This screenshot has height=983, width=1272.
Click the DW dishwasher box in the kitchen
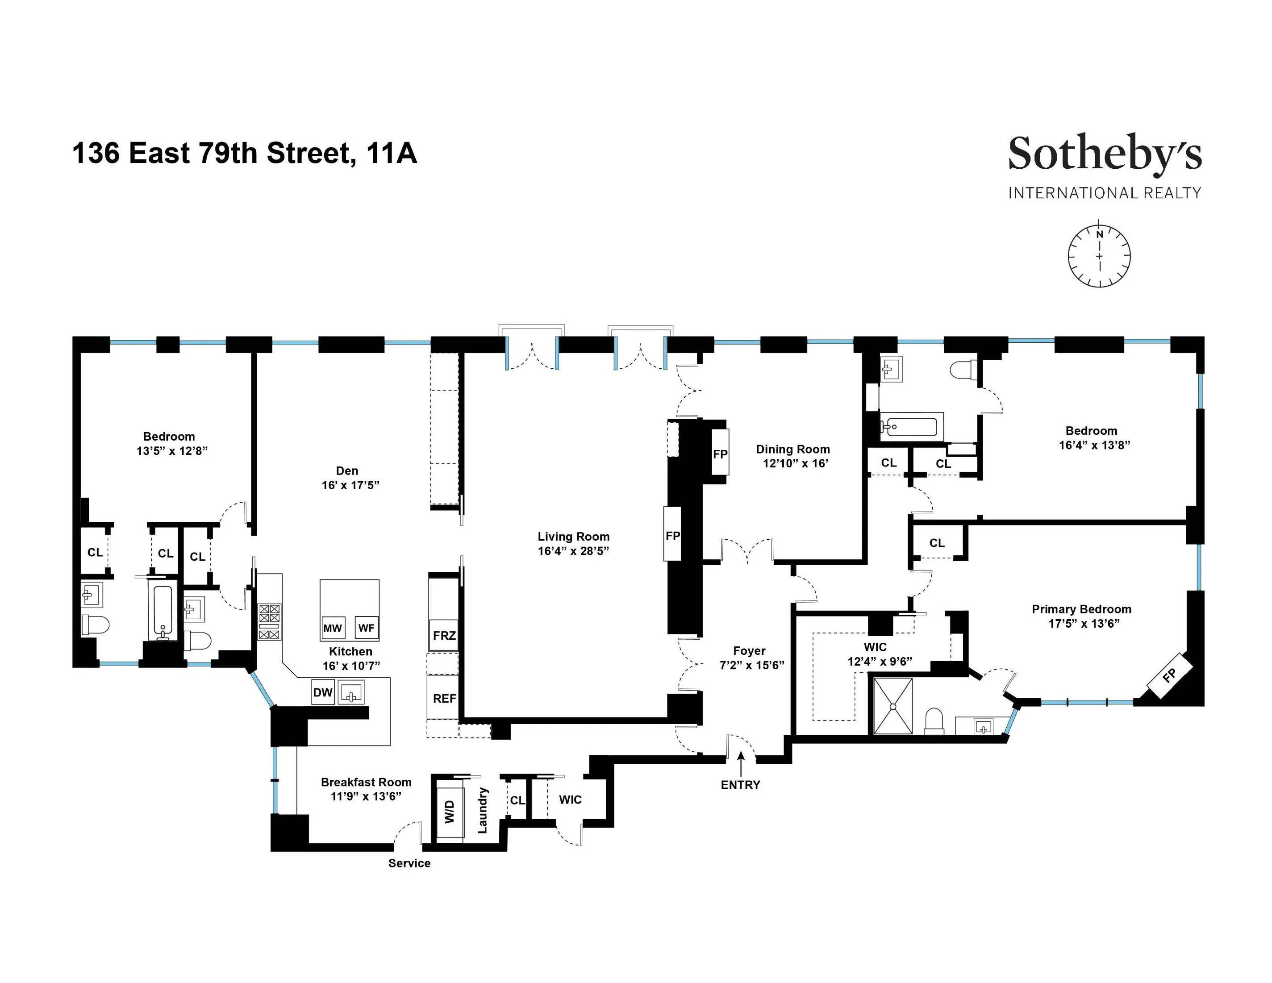point(323,692)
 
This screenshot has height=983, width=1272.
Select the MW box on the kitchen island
point(333,628)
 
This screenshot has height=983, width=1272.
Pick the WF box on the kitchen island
point(367,628)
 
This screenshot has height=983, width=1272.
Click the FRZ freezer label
point(444,635)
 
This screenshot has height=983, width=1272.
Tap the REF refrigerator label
point(444,698)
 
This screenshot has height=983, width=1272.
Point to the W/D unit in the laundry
point(450,811)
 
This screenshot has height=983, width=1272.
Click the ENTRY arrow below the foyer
point(740,763)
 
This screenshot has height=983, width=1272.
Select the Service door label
point(409,863)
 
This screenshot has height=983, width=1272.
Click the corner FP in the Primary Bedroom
point(1168,675)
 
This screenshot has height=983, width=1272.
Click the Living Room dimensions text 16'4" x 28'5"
point(573,550)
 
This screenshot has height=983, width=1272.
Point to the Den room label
point(347,471)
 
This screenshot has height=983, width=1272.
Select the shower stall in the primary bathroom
point(891,705)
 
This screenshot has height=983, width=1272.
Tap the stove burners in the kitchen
point(269,621)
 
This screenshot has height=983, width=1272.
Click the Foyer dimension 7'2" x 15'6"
point(751,665)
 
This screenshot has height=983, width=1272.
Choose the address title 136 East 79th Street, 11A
point(245,153)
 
